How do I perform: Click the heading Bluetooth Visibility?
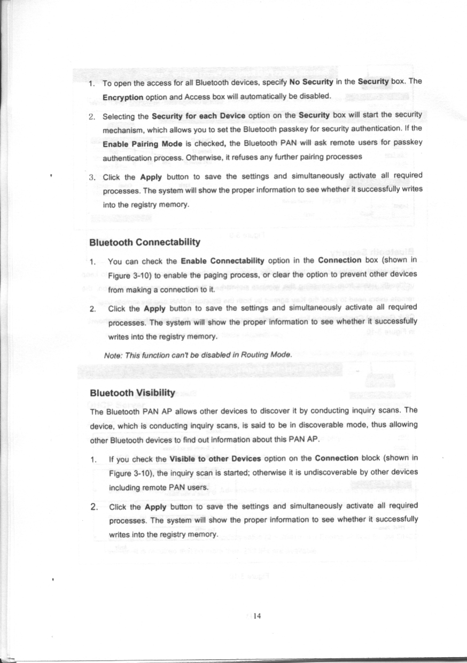click(x=133, y=393)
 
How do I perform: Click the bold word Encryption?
click(x=122, y=98)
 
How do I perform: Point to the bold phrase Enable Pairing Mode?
click(x=136, y=143)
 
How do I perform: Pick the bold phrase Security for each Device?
click(x=198, y=115)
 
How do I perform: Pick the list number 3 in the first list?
click(x=91, y=176)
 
